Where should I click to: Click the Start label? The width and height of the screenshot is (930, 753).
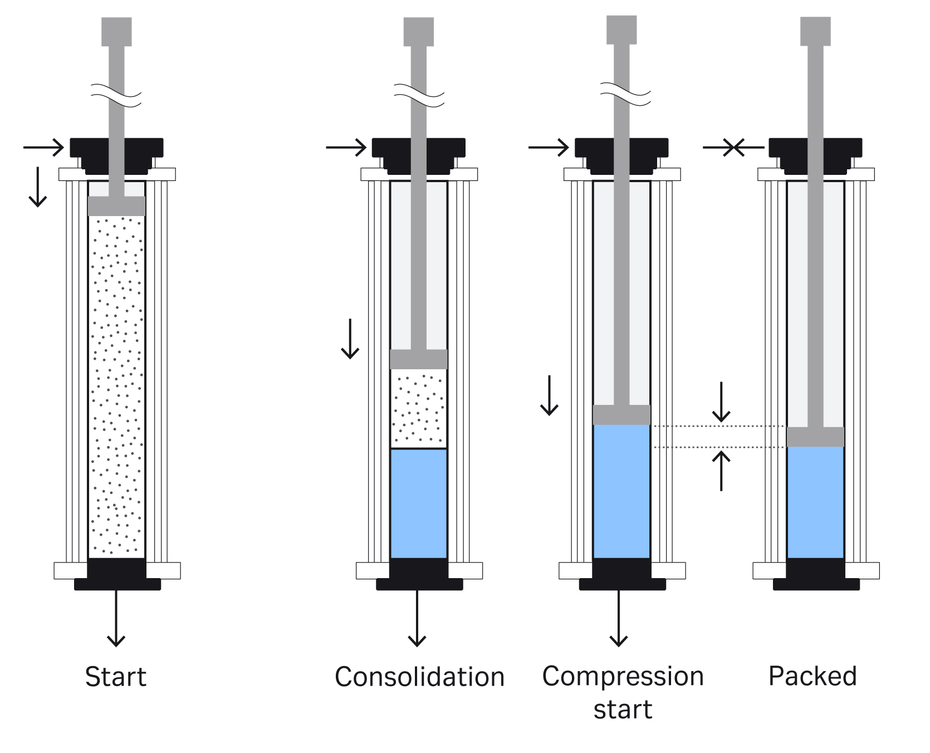coord(115,677)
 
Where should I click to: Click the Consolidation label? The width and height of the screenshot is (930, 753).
coord(419,677)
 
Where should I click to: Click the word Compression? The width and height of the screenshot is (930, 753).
coord(623,677)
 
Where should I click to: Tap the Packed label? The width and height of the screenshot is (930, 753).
coord(812,676)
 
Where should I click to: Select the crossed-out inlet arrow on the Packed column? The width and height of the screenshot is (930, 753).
coord(734,148)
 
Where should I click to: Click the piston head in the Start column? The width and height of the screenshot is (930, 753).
coord(116,206)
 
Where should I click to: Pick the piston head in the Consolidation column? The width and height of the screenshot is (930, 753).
coord(418,359)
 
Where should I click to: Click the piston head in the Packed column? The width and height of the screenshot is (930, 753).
coord(815,437)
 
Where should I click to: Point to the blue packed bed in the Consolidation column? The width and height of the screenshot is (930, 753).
coord(418,503)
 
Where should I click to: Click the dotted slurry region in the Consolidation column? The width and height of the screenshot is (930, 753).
coord(418,408)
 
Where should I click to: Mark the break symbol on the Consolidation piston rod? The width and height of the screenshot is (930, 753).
coord(419,95)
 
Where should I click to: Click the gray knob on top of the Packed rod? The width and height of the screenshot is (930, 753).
coord(815,31)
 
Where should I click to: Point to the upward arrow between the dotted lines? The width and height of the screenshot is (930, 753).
coord(721,471)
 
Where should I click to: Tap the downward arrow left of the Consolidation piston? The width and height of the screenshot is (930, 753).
coord(350,338)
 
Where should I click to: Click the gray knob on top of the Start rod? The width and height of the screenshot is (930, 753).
coord(116,31)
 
